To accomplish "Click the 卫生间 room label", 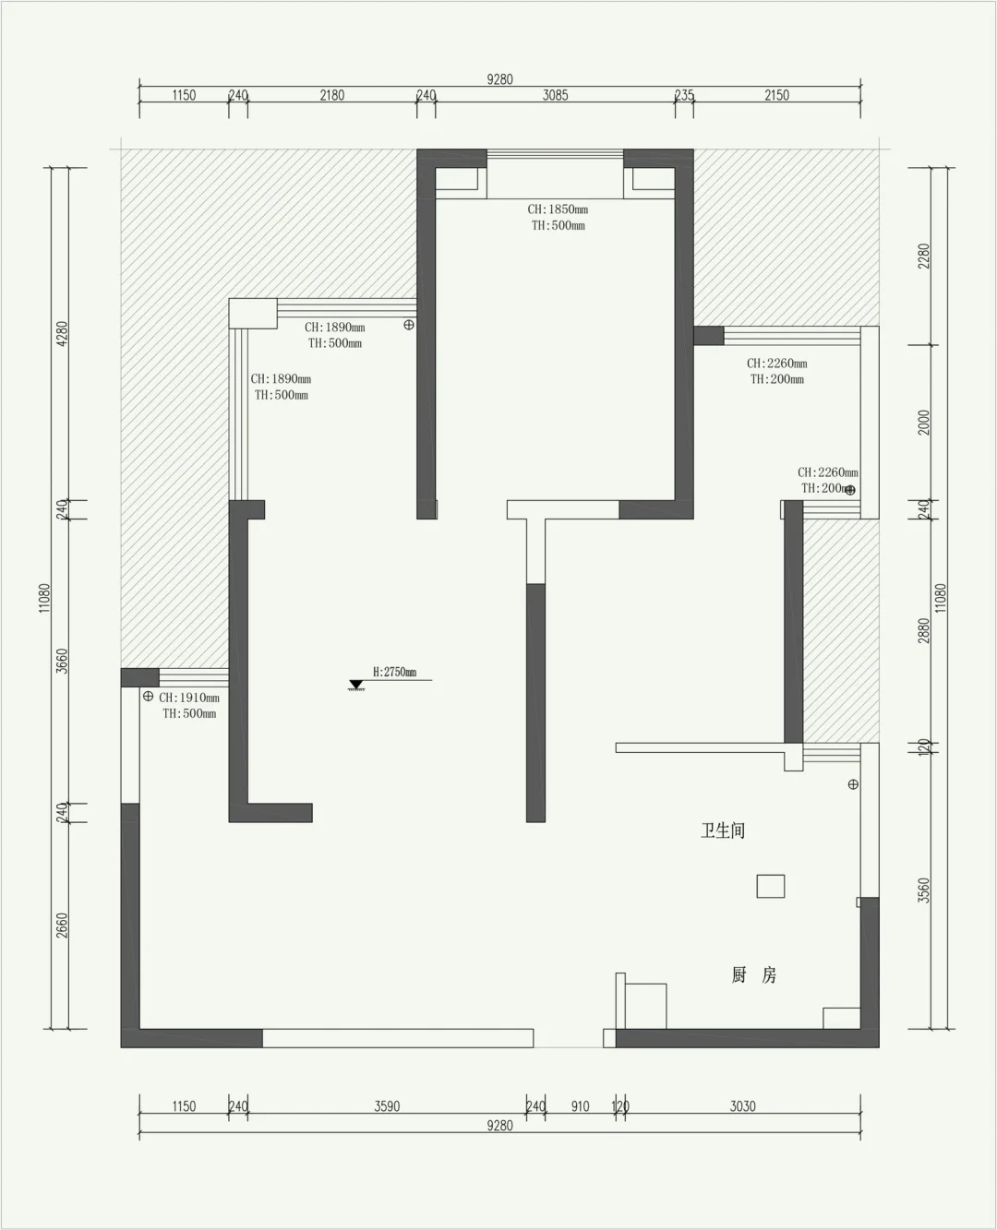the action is point(723,830).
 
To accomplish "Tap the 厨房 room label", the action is point(754,974).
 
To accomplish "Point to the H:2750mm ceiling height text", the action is point(394,672).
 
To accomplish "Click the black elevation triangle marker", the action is point(355,685).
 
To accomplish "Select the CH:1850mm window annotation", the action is point(558,209).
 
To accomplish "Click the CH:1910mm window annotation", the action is point(189,698).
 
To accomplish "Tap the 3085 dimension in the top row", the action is point(555,95).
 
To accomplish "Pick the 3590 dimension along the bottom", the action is point(387,1106).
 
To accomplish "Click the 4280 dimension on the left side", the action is point(62,334).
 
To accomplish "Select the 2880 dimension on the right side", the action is point(924,630).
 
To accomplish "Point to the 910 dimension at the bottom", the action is point(580,1106).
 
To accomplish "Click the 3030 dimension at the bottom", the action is point(743,1106).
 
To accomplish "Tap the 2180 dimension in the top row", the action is point(332,95).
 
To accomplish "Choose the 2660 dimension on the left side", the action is point(62,925).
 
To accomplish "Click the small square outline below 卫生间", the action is point(771,886).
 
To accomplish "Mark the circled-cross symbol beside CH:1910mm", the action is point(148,697).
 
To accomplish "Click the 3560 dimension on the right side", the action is point(924,890).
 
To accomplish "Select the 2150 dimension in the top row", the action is point(777,95).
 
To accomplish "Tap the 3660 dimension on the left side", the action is point(62,662).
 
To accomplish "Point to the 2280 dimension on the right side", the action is point(924,256).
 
